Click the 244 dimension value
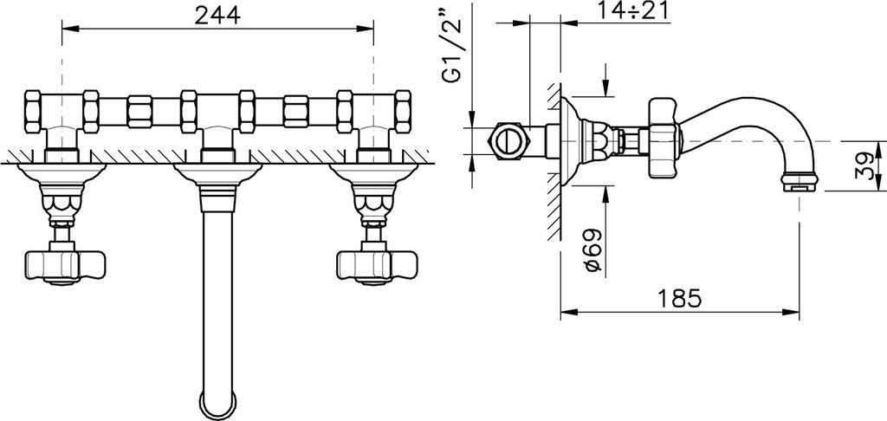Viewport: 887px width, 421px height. pos(217,15)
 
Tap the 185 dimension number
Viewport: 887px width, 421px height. pos(679,298)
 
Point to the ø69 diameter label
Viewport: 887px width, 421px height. pos(593,250)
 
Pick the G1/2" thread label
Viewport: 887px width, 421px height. pos(453,43)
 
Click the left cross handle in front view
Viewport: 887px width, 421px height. pos(65,266)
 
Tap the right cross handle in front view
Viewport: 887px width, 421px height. pos(377,266)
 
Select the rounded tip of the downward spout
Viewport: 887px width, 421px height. pos(217,407)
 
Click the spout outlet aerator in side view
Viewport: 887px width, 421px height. pos(799,181)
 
